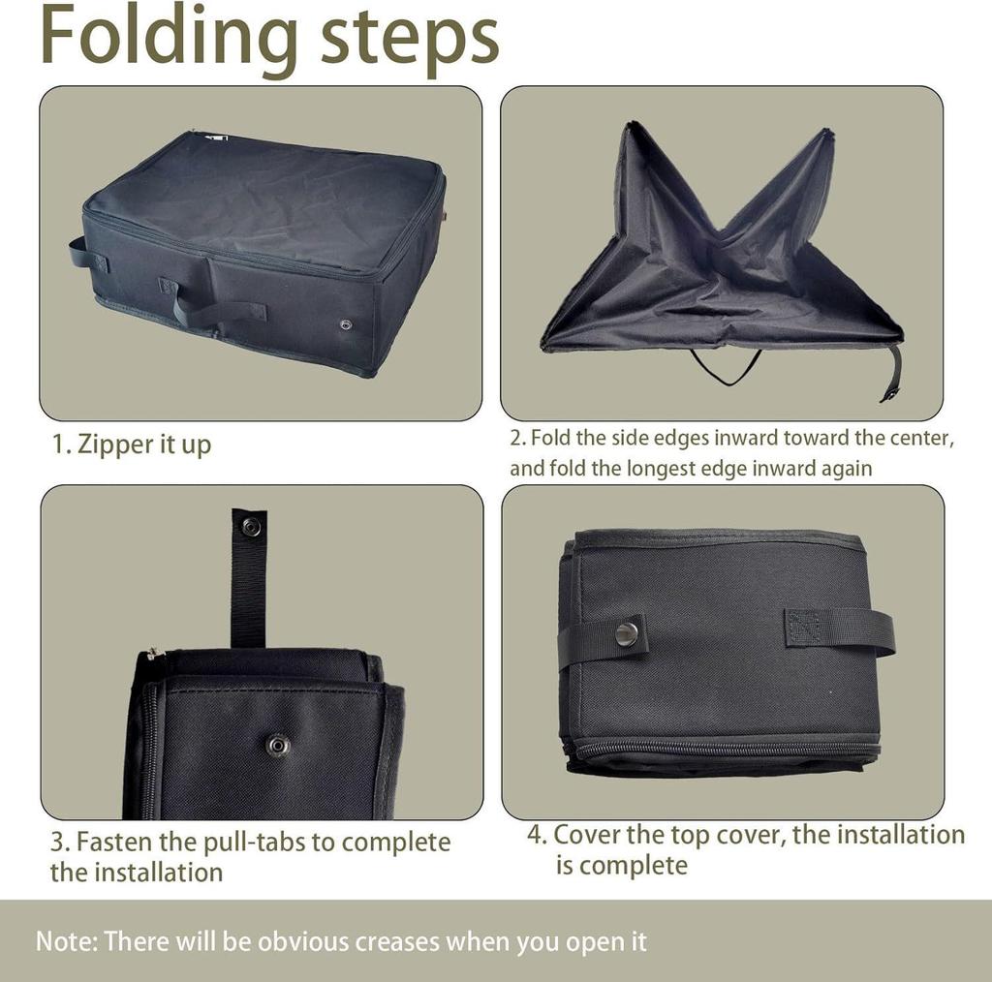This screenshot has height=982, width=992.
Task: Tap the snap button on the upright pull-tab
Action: [x=251, y=527]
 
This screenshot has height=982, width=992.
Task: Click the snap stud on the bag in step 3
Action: [x=278, y=745]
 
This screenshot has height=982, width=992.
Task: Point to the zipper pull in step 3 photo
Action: [x=149, y=656]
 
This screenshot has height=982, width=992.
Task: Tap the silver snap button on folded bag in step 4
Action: [x=627, y=634]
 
